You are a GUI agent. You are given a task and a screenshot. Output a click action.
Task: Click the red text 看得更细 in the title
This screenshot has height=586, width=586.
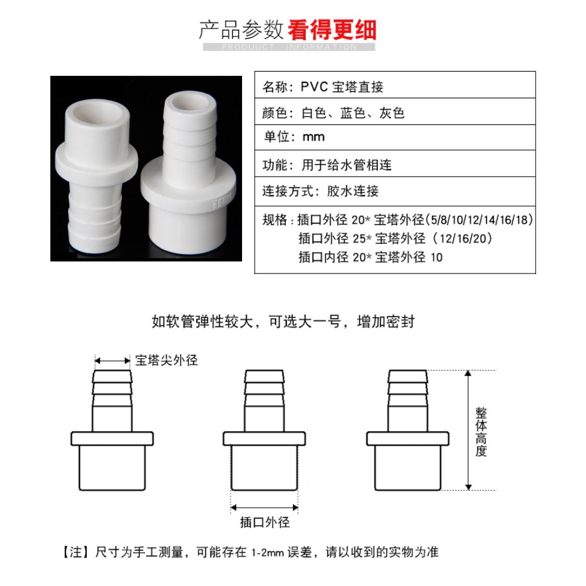click(x=331, y=30)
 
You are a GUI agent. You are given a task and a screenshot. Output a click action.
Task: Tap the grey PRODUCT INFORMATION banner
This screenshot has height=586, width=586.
click(x=289, y=47)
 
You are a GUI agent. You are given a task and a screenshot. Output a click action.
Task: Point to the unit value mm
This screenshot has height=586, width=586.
click(x=314, y=137)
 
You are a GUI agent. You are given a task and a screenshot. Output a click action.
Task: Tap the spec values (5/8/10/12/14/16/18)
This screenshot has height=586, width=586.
click(x=479, y=220)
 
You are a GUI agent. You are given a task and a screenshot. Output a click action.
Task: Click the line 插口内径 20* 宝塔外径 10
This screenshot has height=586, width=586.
click(x=371, y=257)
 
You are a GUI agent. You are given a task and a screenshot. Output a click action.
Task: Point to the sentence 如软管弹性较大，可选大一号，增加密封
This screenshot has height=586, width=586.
click(x=283, y=322)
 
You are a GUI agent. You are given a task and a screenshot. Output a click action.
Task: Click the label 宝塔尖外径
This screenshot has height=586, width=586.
click(x=166, y=360)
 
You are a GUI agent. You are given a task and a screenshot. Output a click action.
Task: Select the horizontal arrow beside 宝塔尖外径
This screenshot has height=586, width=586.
click(x=112, y=361)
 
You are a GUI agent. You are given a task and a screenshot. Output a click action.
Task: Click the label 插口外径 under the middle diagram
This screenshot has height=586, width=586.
click(x=264, y=522)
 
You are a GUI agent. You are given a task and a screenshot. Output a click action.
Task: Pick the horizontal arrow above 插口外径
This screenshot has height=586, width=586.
click(x=264, y=508)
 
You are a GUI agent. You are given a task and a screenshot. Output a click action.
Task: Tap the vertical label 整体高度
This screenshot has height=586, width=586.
click(x=481, y=432)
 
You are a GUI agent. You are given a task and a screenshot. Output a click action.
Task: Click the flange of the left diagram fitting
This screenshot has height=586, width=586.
click(x=112, y=439)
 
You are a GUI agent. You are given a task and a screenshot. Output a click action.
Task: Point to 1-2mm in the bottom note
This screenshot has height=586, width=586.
click(x=267, y=553)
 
